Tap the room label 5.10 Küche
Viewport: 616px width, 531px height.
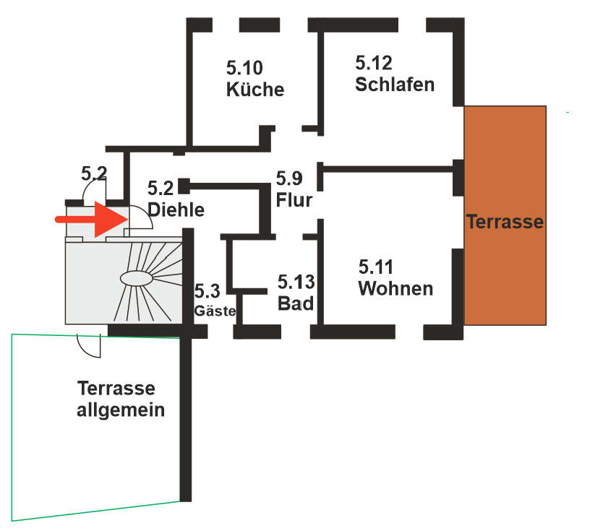coord(254,79)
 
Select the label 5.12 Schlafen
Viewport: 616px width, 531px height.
coord(395,74)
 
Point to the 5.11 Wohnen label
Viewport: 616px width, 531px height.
coord(395,278)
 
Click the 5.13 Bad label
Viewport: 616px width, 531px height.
coord(296,292)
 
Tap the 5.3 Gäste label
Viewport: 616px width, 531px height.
coord(214,301)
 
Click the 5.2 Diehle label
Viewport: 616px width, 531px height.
coord(176,199)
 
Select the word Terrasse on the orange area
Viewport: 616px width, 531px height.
coord(505,221)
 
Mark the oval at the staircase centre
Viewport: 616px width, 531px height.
coord(137,278)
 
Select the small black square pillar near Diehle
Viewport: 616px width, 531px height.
coord(183,185)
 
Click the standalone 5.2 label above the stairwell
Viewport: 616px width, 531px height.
coord(93,173)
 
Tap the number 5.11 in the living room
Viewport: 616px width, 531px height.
coord(376,267)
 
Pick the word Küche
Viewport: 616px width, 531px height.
coord(255,90)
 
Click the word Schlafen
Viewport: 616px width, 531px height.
coord(395,85)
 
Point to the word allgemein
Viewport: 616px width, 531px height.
coord(121,410)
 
